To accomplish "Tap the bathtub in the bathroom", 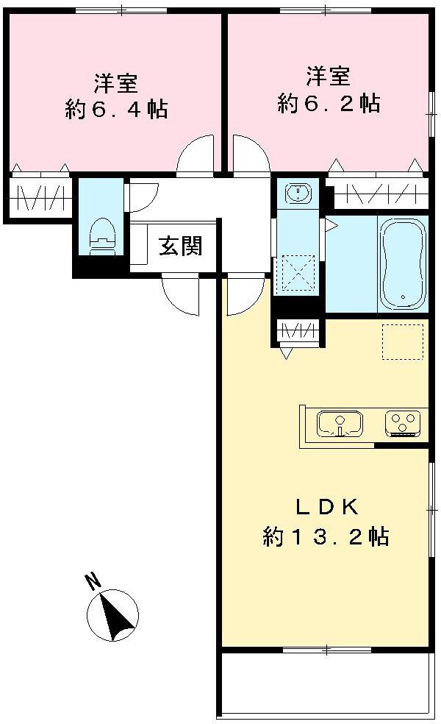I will click(402, 262).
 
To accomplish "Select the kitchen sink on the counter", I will click(340, 424).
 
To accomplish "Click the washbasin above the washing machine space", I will click(298, 193).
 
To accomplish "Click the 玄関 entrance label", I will click(181, 247).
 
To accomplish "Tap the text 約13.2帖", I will click(325, 536).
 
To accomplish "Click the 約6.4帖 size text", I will click(115, 110).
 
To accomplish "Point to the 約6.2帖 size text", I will click(328, 103).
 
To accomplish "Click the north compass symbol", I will click(113, 614).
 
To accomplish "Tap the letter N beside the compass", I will click(93, 583).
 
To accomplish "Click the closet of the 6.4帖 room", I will click(40, 197).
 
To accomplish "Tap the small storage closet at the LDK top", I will click(298, 331).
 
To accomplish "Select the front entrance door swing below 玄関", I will click(181, 296).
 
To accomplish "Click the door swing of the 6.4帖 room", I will click(196, 156).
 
